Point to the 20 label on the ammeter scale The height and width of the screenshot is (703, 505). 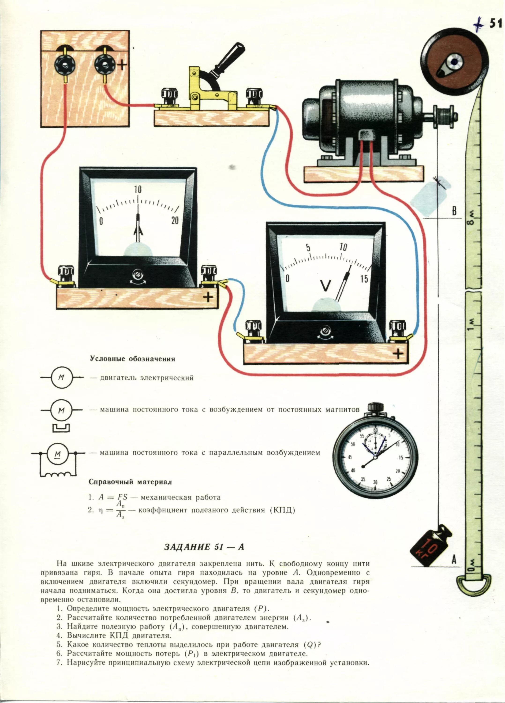click(x=175, y=220)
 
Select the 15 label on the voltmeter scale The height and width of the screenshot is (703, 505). click(x=364, y=279)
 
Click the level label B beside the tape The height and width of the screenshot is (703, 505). click(x=454, y=212)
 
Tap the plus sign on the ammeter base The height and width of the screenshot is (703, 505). click(x=208, y=298)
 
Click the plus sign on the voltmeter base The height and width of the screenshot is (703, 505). click(x=398, y=353)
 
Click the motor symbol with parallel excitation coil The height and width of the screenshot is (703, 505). click(x=58, y=463)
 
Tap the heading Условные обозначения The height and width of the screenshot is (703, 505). click(x=132, y=359)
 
